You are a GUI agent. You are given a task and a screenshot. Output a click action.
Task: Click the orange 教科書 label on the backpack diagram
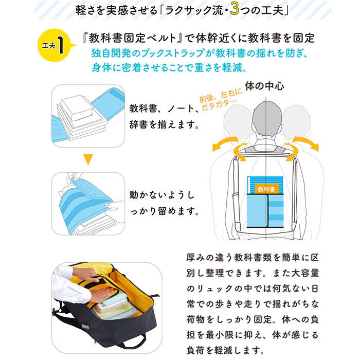coord(266,189)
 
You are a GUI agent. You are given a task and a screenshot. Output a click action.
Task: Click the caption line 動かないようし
coord(161,195)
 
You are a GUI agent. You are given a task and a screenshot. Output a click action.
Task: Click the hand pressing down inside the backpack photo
coord(101,295)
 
